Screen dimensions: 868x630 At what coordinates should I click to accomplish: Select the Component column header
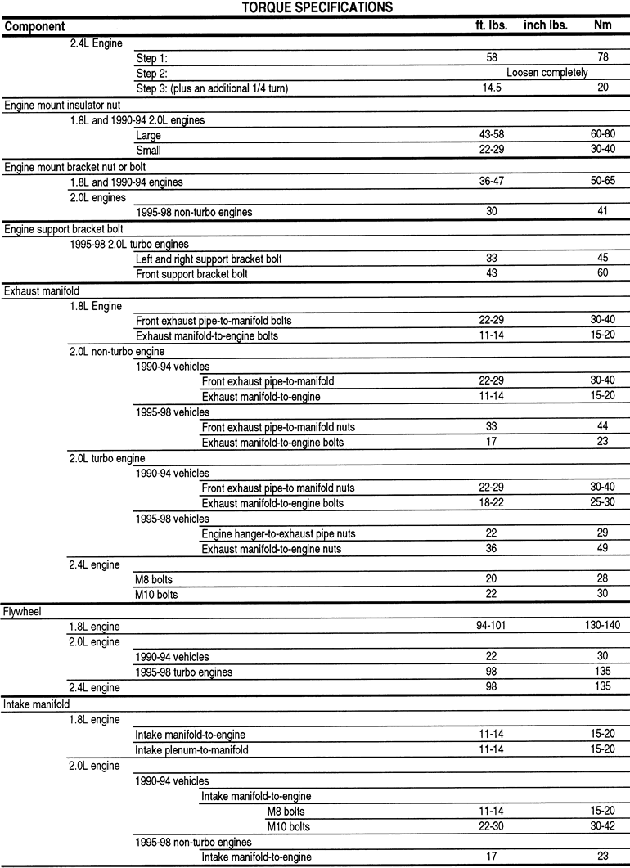[x=34, y=26]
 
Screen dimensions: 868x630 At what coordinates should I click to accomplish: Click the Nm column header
[x=603, y=25]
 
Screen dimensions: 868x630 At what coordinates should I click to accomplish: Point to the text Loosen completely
[x=547, y=73]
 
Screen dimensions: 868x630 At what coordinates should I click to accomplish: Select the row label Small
[x=149, y=151]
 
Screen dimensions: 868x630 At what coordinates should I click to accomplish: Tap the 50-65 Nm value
[x=603, y=182]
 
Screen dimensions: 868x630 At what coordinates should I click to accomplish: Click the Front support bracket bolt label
[x=191, y=274]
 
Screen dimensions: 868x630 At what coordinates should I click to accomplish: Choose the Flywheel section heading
[x=23, y=610]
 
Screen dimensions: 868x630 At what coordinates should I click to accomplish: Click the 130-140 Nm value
[x=603, y=627]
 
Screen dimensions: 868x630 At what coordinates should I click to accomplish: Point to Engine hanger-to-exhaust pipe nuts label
[x=278, y=534]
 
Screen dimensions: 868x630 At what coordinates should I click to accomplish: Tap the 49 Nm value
[x=603, y=549]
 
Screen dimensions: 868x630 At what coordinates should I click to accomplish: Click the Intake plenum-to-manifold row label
[x=192, y=750]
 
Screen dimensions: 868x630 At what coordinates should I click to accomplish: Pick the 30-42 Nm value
[x=603, y=826]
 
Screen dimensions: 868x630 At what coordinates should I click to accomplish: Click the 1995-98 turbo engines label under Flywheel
[x=184, y=672]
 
